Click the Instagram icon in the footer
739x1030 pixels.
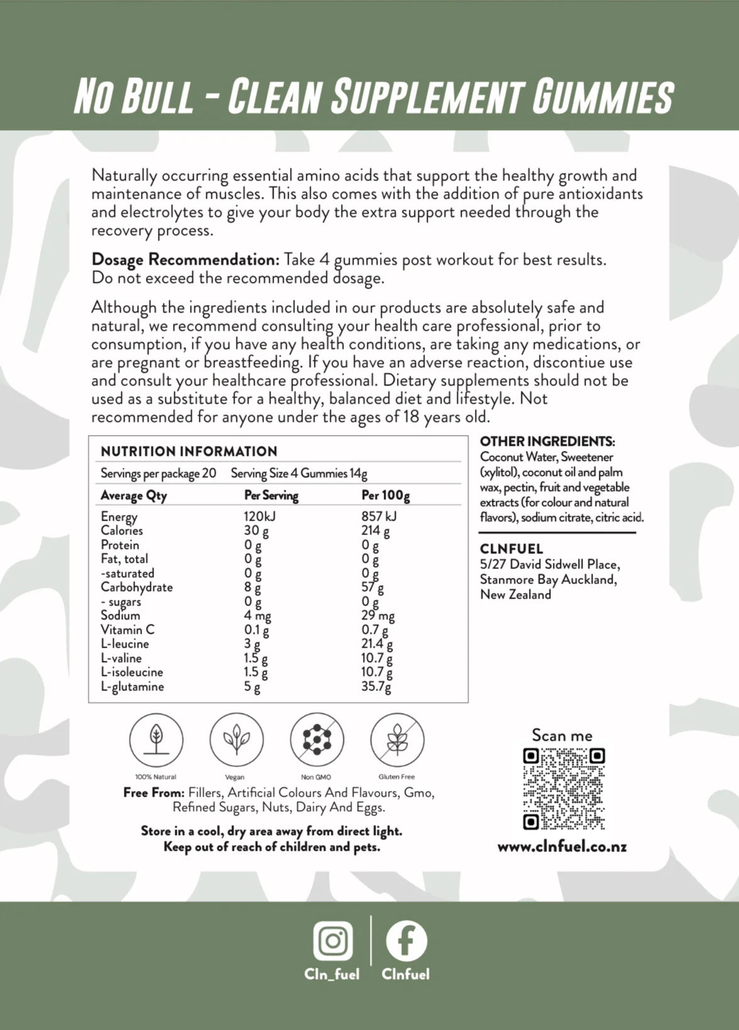[333, 940]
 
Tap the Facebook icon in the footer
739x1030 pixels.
[406, 941]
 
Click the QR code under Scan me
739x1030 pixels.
[564, 789]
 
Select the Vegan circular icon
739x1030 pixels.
[236, 740]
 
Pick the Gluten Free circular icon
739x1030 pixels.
[397, 740]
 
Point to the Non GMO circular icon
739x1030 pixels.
[316, 740]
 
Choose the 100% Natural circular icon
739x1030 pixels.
[156, 740]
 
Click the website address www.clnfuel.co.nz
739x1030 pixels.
[562, 846]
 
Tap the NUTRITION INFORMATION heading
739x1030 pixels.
[189, 451]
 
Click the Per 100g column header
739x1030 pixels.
[386, 496]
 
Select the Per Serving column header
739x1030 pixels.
[271, 496]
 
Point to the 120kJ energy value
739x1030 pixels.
[260, 517]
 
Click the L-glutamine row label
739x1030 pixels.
[132, 687]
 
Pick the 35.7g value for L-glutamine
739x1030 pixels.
[376, 687]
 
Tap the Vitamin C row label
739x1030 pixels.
[127, 629]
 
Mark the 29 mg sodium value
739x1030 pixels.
[378, 616]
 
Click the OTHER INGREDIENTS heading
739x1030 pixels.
[547, 441]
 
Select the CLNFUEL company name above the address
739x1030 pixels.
[511, 549]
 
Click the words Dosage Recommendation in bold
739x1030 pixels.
[185, 260]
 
